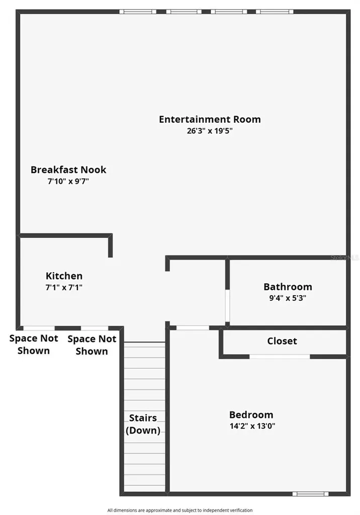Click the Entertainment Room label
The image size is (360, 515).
pyautogui.click(x=210, y=119)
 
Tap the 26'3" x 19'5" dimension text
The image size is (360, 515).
pyautogui.click(x=210, y=131)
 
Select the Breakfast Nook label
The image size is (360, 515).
pyautogui.click(x=68, y=170)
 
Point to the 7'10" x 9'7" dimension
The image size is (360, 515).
pyautogui.click(x=68, y=181)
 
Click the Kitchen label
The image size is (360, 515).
pyautogui.click(x=64, y=276)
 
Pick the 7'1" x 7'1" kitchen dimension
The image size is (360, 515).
pyautogui.click(x=64, y=287)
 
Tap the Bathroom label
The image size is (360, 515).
pyautogui.click(x=288, y=287)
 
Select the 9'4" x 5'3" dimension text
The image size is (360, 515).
pyautogui.click(x=288, y=298)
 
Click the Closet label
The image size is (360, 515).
pyautogui.click(x=282, y=341)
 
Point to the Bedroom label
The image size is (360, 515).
pyautogui.click(x=251, y=414)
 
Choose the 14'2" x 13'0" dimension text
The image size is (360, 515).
pyautogui.click(x=252, y=426)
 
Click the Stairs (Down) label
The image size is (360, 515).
pyautogui.click(x=143, y=424)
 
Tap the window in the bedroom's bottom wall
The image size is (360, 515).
pyautogui.click(x=310, y=494)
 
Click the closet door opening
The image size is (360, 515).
pyautogui.click(x=280, y=357)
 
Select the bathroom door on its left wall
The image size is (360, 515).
pyautogui.click(x=227, y=306)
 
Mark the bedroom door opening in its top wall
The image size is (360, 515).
pyautogui.click(x=193, y=328)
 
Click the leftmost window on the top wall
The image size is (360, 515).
pyautogui.click(x=138, y=12)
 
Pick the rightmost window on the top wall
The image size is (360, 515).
pyautogui.click(x=275, y=12)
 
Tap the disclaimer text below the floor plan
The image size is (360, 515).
pyautogui.click(x=180, y=510)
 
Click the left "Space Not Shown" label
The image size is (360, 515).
pyautogui.click(x=34, y=345)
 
